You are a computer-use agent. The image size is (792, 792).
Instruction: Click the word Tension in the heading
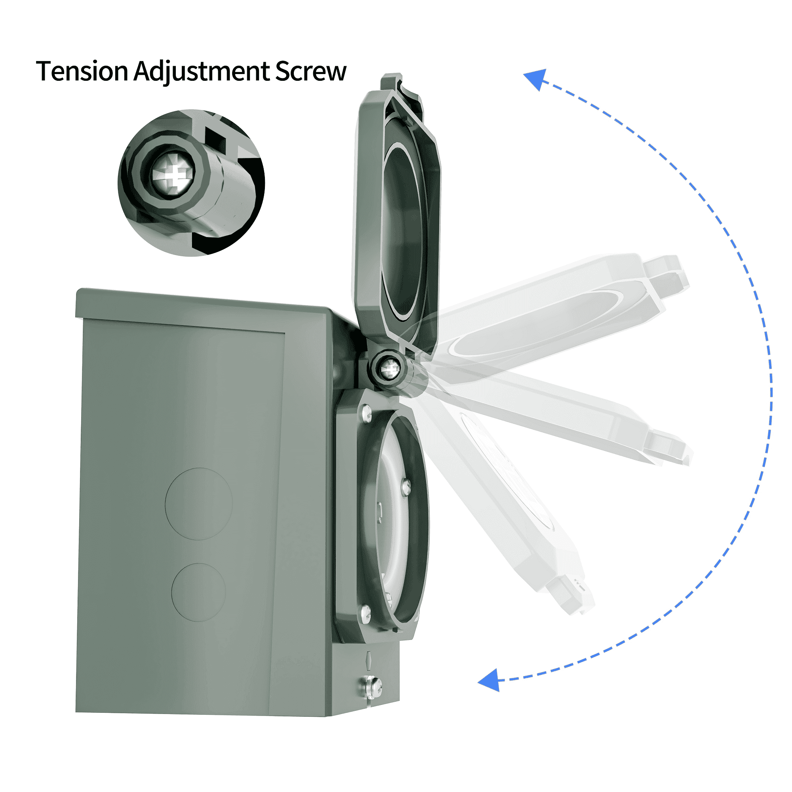click(x=82, y=71)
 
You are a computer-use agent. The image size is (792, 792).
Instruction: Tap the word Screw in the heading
click(x=310, y=71)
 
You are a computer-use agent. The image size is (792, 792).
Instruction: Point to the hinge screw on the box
click(x=390, y=369)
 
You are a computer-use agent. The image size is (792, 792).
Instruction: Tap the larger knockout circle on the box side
click(x=199, y=504)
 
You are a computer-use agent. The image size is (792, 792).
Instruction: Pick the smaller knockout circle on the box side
click(x=198, y=592)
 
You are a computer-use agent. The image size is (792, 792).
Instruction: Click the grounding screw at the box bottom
click(x=371, y=688)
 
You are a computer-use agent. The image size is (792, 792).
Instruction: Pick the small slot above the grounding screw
click(x=369, y=659)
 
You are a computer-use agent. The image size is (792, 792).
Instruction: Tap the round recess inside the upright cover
click(x=402, y=230)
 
